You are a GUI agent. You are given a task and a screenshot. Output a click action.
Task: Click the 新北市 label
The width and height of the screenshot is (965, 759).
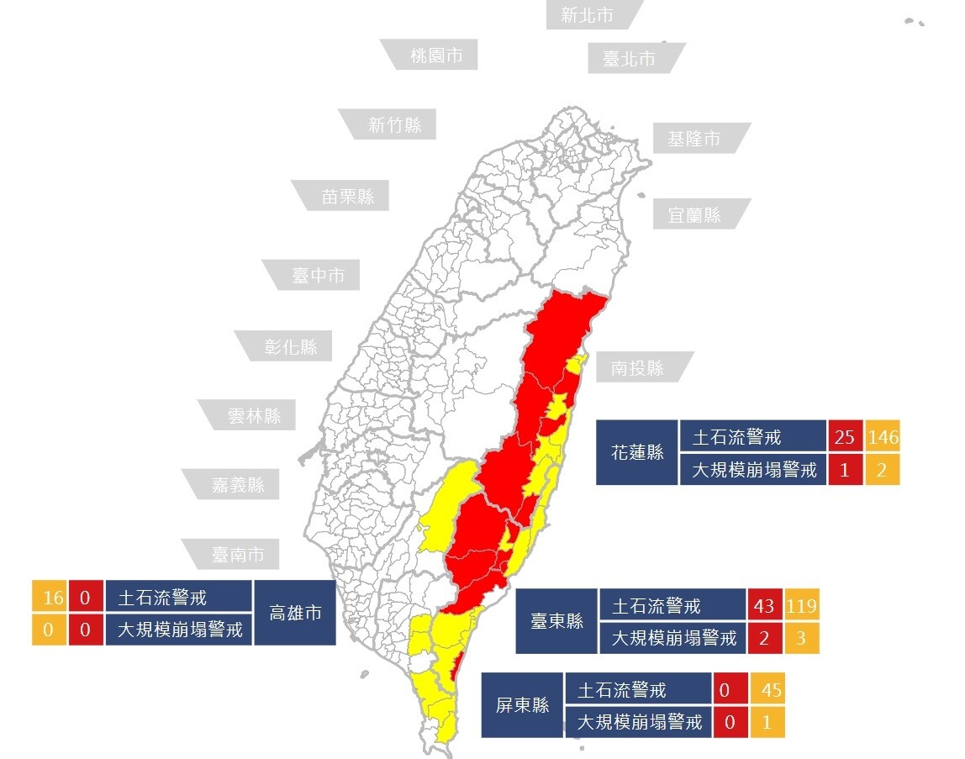pyautogui.click(x=588, y=15)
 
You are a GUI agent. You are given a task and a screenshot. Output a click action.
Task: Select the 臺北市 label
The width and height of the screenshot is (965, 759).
pyautogui.click(x=629, y=59)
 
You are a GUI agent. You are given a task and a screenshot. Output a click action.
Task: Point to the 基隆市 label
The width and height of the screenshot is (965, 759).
pyautogui.click(x=694, y=139)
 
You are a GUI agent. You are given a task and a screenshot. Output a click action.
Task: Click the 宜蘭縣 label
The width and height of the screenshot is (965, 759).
pyautogui.click(x=694, y=215)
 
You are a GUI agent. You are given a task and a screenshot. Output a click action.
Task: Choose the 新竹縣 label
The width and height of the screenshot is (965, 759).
pyautogui.click(x=394, y=125)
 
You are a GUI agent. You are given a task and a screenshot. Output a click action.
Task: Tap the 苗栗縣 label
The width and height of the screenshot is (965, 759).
pyautogui.click(x=348, y=198)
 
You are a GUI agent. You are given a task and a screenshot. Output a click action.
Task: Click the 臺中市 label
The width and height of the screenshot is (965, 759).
pyautogui.click(x=319, y=275)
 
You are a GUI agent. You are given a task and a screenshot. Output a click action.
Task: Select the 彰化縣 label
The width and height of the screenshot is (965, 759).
pyautogui.click(x=291, y=346)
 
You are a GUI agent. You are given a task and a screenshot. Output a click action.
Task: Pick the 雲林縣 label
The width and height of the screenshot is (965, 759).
pyautogui.click(x=254, y=414)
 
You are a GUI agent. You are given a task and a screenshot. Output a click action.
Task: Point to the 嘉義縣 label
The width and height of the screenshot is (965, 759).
pyautogui.click(x=238, y=484)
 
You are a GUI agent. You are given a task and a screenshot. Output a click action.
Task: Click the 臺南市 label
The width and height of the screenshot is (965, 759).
pyautogui.click(x=238, y=554)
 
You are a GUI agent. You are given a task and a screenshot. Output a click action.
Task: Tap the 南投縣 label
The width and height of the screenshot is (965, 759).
pyautogui.click(x=637, y=367)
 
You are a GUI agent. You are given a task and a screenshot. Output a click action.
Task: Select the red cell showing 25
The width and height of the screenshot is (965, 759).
pyautogui.click(x=845, y=437)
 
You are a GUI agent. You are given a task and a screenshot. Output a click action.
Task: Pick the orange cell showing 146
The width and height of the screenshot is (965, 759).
pyautogui.click(x=883, y=437)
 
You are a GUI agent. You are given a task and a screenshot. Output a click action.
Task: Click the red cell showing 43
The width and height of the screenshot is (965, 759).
pyautogui.click(x=765, y=605)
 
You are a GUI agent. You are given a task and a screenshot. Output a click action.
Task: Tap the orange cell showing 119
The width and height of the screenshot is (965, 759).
pyautogui.click(x=802, y=605)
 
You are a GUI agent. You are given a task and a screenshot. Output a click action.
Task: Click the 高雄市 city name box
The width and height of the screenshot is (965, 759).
pyautogui.click(x=295, y=613)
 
